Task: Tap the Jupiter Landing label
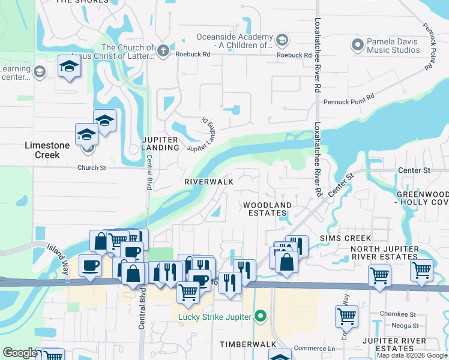coord(160,143)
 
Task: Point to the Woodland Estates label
coord(267,209)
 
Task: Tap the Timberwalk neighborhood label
coord(247,344)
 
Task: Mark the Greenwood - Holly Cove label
coord(423,198)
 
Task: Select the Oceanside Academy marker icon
coord(282,40)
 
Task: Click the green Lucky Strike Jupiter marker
coord(260,315)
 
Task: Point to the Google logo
coord(20,353)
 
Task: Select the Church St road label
coord(91,168)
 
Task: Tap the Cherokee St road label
coord(400,314)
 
